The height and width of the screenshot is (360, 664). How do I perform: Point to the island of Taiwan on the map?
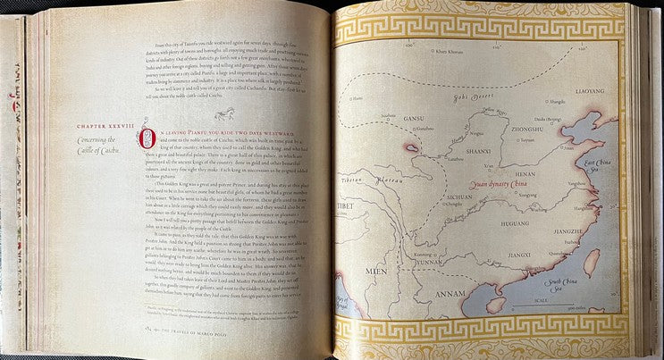(591, 260)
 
